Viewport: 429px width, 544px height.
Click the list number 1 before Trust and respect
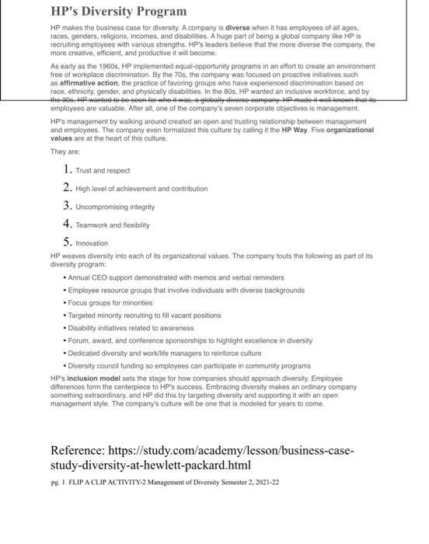tap(68, 169)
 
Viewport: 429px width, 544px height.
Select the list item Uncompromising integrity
tap(115, 207)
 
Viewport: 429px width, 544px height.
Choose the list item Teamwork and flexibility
tap(113, 225)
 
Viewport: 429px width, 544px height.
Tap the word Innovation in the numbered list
tap(92, 243)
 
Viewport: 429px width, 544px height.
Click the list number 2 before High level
tap(68, 188)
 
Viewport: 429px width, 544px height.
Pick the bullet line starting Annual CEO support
tap(176, 277)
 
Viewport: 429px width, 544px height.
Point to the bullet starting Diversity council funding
tap(189, 365)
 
